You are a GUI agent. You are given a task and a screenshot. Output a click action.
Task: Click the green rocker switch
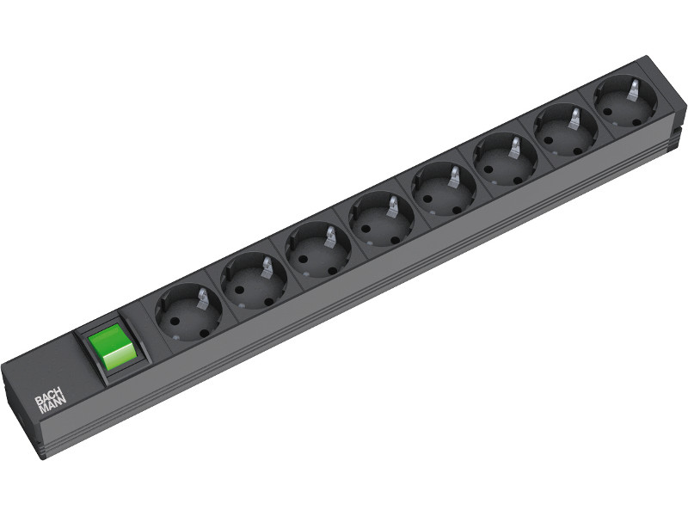click(x=112, y=347)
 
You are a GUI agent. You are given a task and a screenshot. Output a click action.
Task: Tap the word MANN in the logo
click(x=52, y=407)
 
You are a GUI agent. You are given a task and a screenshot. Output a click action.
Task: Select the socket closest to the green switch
click(x=188, y=312)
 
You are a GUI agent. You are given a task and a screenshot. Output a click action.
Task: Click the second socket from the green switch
click(x=254, y=281)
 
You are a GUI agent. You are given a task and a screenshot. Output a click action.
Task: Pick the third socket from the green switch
click(x=318, y=249)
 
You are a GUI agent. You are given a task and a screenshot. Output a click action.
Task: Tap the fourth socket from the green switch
click(x=381, y=219)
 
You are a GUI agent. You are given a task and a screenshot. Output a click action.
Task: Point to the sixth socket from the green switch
click(x=505, y=159)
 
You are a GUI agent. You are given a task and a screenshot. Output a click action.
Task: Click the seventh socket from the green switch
click(x=566, y=130)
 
